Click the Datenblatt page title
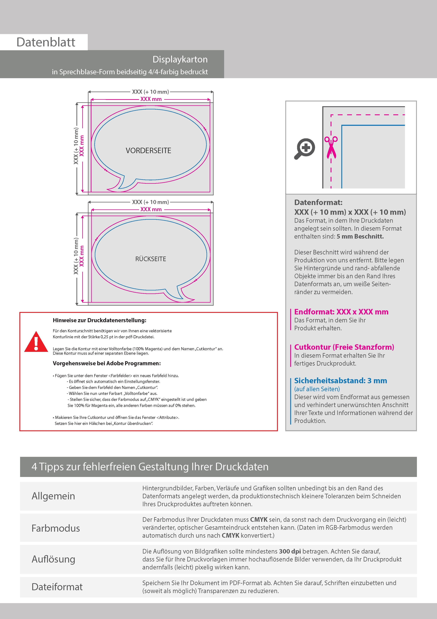coord(46,42)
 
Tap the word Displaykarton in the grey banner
coord(180,59)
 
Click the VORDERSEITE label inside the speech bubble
coord(148,151)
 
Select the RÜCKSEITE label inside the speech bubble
coord(150,259)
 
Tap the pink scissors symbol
coord(331,147)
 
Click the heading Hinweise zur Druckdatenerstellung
coord(99,320)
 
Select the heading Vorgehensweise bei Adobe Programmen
coord(107,363)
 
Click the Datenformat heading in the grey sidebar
coord(318,202)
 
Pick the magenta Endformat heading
coord(341,312)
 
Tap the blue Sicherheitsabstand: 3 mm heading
coord(340,381)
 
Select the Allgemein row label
coord(53,496)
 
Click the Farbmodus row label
coord(56,528)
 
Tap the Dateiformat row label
coord(57,587)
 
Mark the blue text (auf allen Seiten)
coord(317,389)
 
